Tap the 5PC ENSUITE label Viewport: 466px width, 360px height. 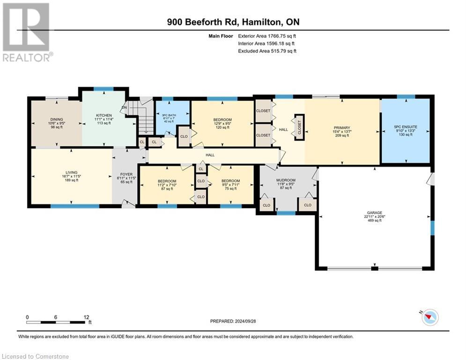coord(405,127)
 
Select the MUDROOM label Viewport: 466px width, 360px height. coord(286,180)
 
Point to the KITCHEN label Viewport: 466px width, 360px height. coord(104,115)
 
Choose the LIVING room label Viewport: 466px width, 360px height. coord(71,172)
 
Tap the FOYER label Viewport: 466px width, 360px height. coord(126,173)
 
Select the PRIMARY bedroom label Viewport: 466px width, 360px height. coord(341,127)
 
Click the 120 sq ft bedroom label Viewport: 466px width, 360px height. coord(222,120)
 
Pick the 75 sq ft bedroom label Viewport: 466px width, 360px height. coord(230,181)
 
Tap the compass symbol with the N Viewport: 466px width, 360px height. coord(429,317)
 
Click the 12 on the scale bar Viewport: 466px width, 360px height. coord(86,317)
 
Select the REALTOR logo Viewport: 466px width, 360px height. coord(27,32)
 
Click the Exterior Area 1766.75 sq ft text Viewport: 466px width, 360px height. coord(267,36)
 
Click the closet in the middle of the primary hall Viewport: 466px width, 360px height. coord(299,127)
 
